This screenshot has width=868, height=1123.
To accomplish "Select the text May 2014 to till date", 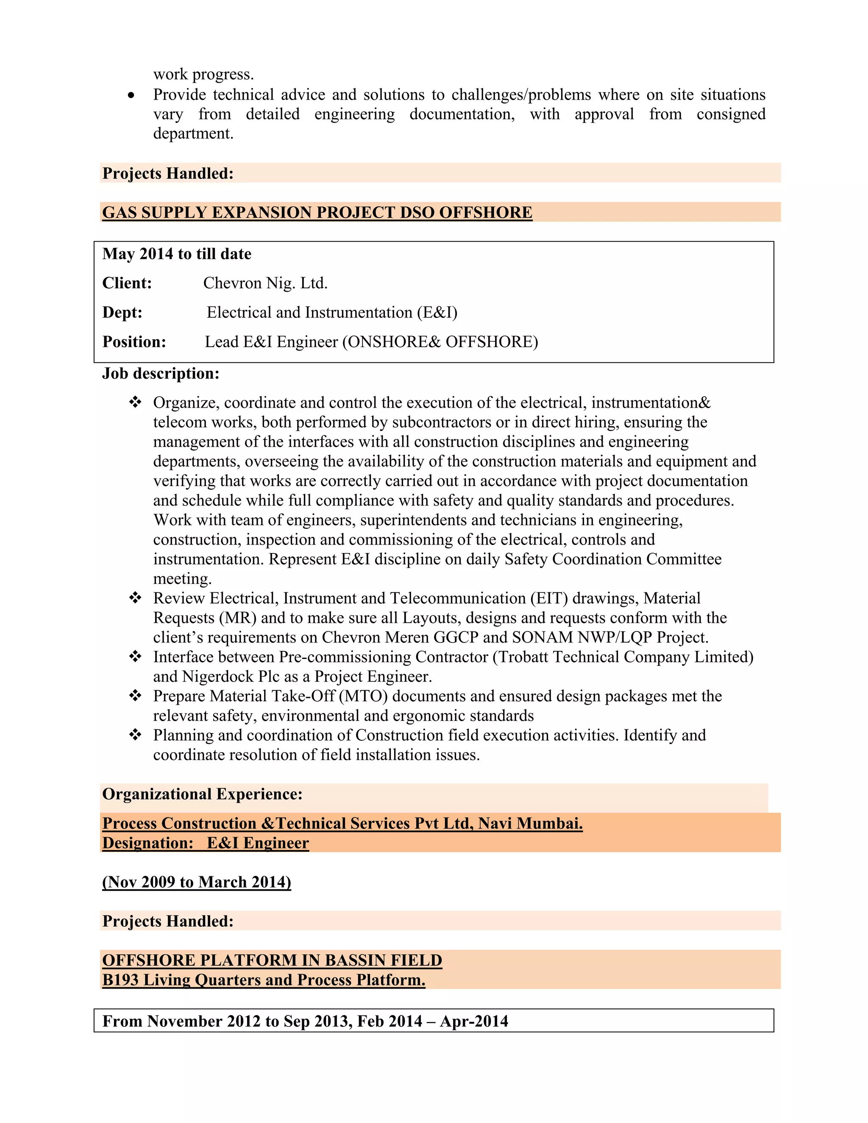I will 176,254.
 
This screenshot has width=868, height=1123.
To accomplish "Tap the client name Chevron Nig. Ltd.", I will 265,284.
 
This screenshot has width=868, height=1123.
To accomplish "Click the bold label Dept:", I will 122,313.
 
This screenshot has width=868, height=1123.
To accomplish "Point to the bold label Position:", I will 134,342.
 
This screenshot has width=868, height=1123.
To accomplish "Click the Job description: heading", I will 161,373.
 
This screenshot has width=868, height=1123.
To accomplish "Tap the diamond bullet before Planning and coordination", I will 135,735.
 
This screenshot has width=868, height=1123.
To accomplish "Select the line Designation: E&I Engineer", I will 205,843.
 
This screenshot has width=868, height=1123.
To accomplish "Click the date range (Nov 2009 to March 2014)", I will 196,882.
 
